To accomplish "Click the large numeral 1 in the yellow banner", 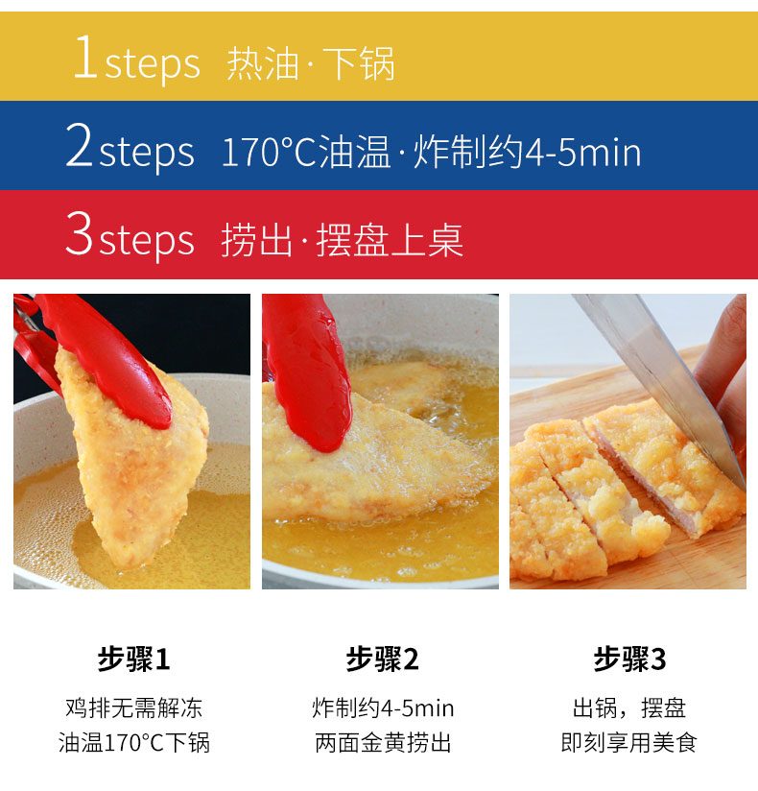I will [85, 60].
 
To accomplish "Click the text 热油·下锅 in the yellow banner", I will [311, 63].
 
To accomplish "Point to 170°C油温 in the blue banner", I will [306, 152].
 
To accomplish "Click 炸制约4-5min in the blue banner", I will [527, 152].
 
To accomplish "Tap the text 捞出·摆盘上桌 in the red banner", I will [343, 240].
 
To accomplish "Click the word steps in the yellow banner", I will [153, 63].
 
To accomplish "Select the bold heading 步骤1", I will [133, 659].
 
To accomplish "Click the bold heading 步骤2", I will [382, 659].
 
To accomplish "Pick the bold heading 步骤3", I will [629, 659].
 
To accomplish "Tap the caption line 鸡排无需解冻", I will [133, 709].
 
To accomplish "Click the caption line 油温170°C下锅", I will [133, 742].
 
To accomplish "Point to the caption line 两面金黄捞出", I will [382, 742].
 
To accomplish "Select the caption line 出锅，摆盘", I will [629, 709].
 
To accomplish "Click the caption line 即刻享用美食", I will [629, 742].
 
